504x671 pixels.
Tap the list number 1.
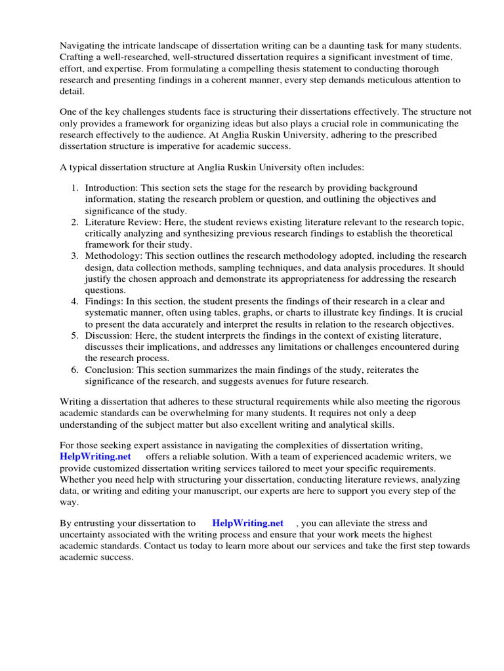[x=75, y=187]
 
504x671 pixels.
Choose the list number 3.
[x=75, y=256]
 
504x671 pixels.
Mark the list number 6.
[x=75, y=370]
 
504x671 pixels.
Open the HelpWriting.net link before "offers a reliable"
[x=95, y=456]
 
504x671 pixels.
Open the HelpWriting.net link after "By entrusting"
[x=248, y=523]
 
